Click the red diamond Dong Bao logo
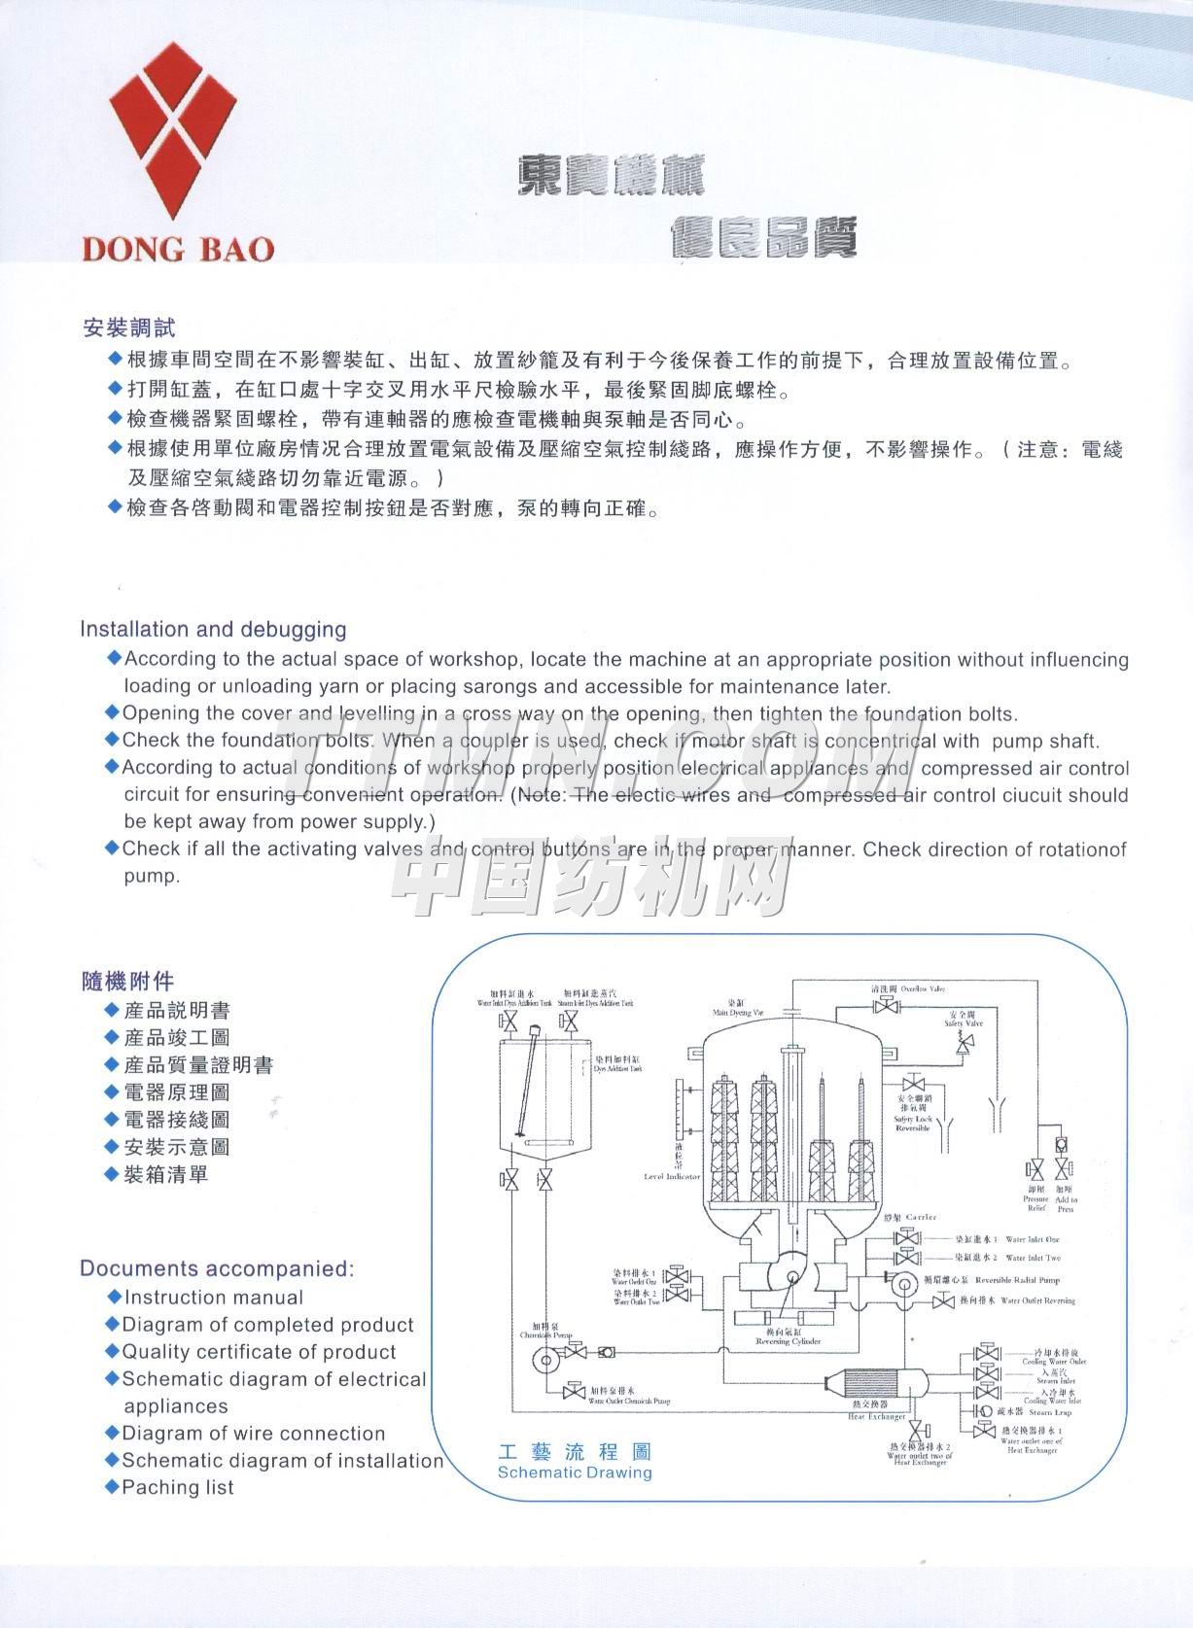pyautogui.click(x=171, y=132)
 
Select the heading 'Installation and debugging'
pyautogui.click(x=213, y=629)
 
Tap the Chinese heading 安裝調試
pyautogui.click(x=128, y=328)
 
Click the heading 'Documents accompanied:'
pyautogui.click(x=217, y=1268)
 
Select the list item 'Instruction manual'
pyautogui.click(x=213, y=1298)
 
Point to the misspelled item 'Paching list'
pyautogui.click(x=177, y=1487)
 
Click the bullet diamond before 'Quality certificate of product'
pyautogui.click(x=113, y=1351)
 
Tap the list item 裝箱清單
pyautogui.click(x=165, y=1174)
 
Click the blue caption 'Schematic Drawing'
pyautogui.click(x=575, y=1472)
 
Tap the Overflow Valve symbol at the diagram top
pyautogui.click(x=885, y=1006)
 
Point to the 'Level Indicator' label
pyautogui.click(x=672, y=1176)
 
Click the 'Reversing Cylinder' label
pyautogui.click(x=788, y=1341)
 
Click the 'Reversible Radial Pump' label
pyautogui.click(x=1017, y=1280)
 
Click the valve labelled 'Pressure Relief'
pyautogui.click(x=1035, y=1169)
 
